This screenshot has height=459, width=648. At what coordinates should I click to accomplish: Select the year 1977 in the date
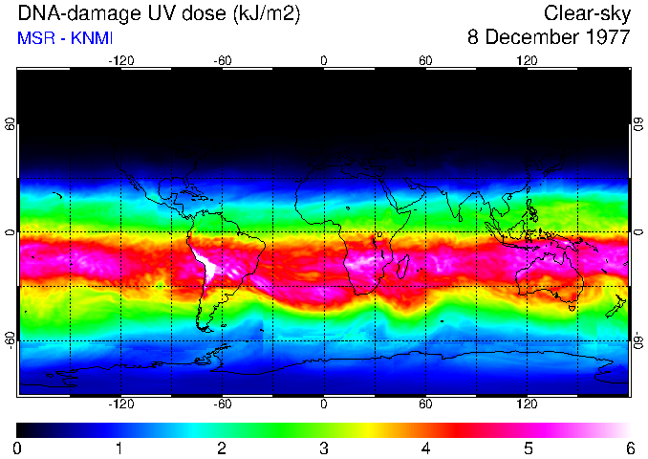coord(607,38)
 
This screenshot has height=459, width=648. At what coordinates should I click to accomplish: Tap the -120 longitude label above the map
coord(120,59)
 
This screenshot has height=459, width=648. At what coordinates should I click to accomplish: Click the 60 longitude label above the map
coord(425,59)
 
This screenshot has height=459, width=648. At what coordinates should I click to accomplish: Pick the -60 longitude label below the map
coord(222,404)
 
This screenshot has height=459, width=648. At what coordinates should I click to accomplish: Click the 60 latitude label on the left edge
coord(11,124)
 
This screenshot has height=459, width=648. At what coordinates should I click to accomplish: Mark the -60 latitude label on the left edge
coord(11,340)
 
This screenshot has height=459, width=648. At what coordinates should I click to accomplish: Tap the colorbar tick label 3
coord(323,448)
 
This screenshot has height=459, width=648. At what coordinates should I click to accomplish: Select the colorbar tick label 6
coord(629,448)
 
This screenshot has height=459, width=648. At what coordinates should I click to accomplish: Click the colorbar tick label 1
coord(119,448)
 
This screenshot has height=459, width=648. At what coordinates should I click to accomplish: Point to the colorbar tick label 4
coord(425,448)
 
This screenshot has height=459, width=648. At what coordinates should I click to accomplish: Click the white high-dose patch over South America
coord(205,267)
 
